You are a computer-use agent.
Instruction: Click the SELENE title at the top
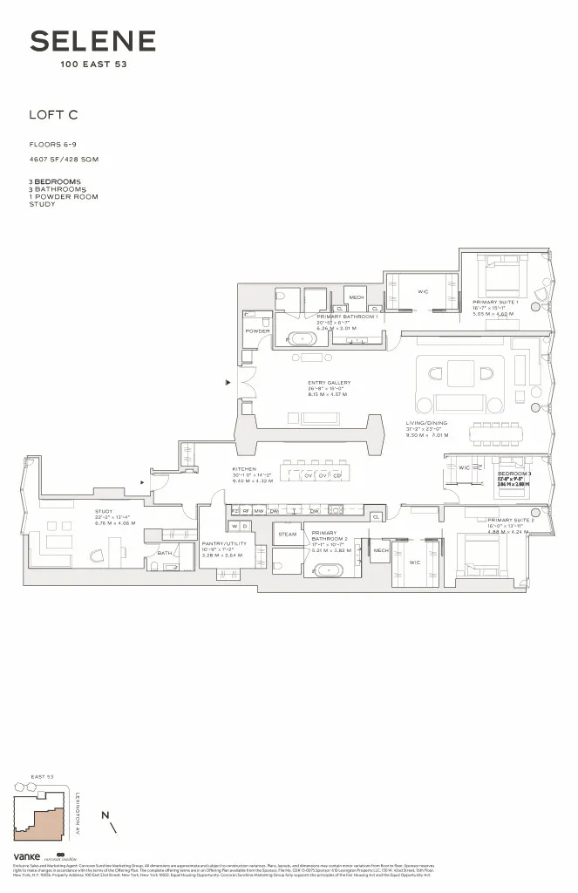click(93, 41)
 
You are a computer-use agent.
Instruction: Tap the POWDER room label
click(257, 331)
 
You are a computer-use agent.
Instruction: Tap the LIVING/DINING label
click(426, 425)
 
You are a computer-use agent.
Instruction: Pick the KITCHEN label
click(243, 468)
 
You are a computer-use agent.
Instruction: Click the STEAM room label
click(287, 533)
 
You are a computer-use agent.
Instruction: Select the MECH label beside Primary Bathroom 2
click(380, 550)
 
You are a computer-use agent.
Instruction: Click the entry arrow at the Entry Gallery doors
click(228, 382)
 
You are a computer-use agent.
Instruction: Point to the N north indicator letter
click(105, 815)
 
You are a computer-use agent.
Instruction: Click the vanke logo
click(27, 857)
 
